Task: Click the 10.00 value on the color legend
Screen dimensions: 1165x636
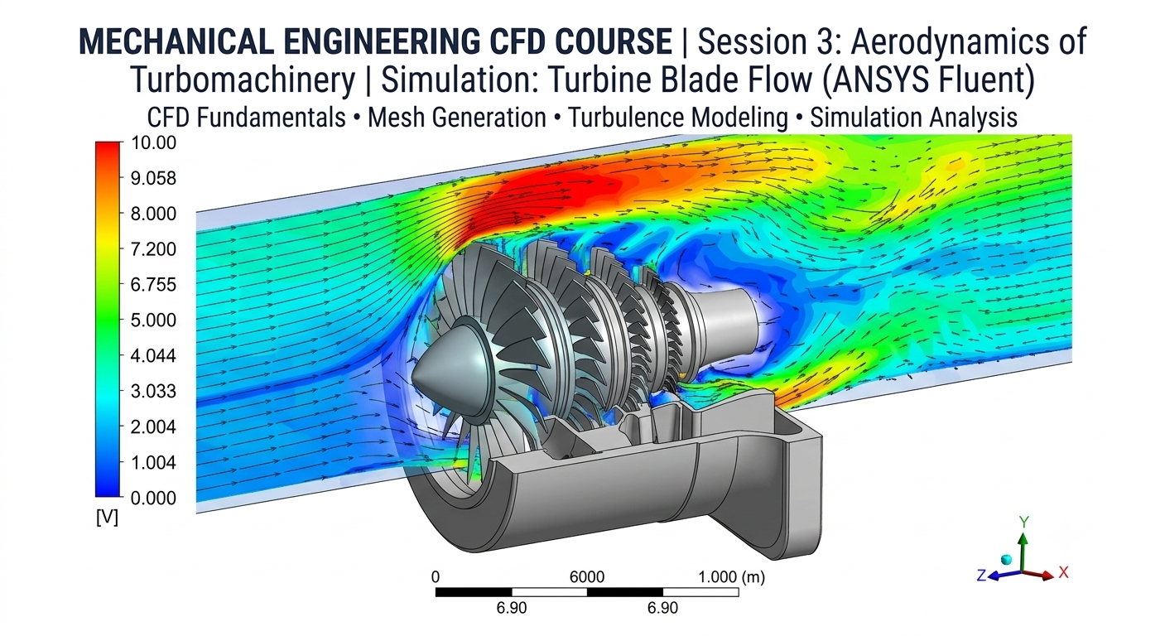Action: click(153, 142)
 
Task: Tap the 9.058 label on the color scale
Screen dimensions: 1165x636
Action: click(153, 178)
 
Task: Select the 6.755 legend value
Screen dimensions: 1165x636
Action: click(153, 285)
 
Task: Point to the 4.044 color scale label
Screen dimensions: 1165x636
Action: click(153, 356)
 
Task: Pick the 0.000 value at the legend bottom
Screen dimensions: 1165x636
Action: click(153, 499)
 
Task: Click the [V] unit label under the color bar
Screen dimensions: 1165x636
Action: click(107, 518)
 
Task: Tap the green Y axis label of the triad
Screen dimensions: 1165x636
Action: click(1024, 522)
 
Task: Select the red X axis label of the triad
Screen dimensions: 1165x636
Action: click(1064, 572)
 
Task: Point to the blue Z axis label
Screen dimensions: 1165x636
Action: click(981, 576)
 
